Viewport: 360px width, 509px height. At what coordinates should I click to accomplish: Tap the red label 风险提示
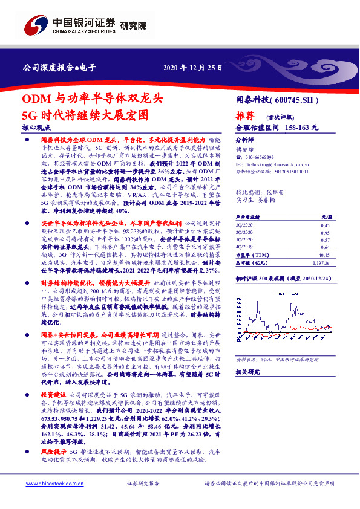click(53, 451)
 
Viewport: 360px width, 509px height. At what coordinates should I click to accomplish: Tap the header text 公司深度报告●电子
click(59, 67)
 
